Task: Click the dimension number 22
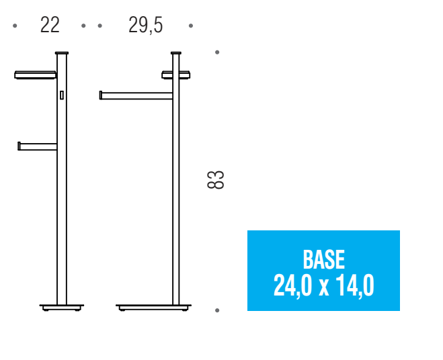pyautogui.click(x=50, y=25)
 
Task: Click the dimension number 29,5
pyautogui.click(x=145, y=26)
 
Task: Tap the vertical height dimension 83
pyautogui.click(x=216, y=179)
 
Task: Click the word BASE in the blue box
pyautogui.click(x=324, y=259)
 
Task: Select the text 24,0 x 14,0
pyautogui.click(x=324, y=285)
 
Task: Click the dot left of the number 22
pyautogui.click(x=15, y=26)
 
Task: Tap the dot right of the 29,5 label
pyautogui.click(x=191, y=26)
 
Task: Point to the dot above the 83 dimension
pyautogui.click(x=217, y=52)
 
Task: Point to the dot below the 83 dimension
pyautogui.click(x=217, y=310)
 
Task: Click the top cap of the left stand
pyautogui.click(x=62, y=53)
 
